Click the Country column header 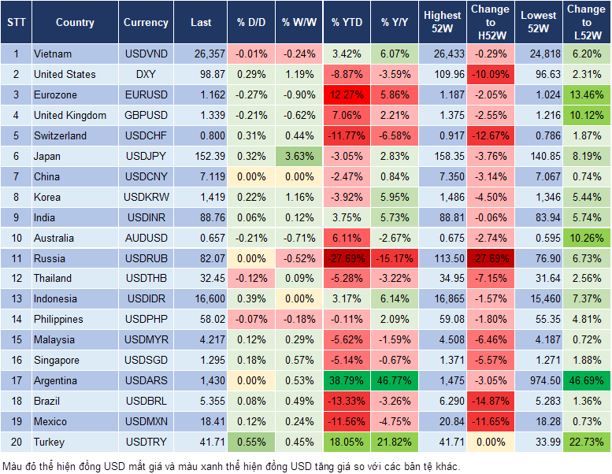tap(75, 23)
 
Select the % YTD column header tap(347, 23)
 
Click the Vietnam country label tap(53, 54)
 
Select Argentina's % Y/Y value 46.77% tap(396, 380)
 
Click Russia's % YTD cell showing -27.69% tap(347, 258)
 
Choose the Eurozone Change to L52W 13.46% tap(587, 95)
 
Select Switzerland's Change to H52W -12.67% tap(490, 135)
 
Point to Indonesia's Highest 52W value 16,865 tap(442, 299)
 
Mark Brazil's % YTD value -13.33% tap(347, 401)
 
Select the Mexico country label tap(50, 421)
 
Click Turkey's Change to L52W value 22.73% tap(587, 442)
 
